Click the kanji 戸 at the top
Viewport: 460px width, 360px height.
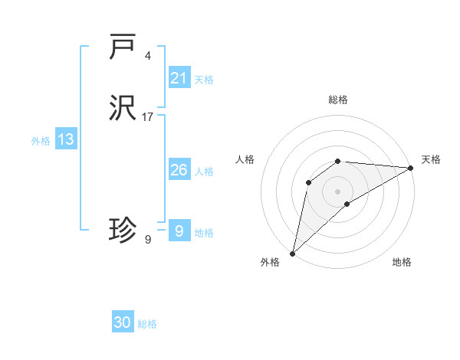point(123,47)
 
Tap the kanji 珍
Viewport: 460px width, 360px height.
point(123,230)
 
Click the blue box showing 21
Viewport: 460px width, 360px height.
point(179,78)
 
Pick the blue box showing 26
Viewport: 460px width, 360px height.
point(179,170)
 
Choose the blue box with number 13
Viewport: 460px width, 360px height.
point(66,139)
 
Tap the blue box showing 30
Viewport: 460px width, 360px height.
point(123,322)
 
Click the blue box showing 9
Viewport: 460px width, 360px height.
point(179,231)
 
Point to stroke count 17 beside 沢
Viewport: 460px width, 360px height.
point(148,117)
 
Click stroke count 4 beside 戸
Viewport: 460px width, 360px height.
point(148,56)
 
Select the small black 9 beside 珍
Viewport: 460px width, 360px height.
point(148,240)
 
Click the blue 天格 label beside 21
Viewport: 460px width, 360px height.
point(204,79)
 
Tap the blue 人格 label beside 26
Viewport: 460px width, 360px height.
point(204,171)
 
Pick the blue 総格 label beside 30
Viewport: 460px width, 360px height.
point(147,324)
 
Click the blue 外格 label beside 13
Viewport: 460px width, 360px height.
point(41,140)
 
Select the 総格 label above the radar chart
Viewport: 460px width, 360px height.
point(338,100)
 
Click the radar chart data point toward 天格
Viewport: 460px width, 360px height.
point(411,168)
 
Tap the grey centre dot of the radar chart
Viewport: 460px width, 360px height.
point(338,191)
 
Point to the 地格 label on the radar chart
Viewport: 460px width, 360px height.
point(402,262)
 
